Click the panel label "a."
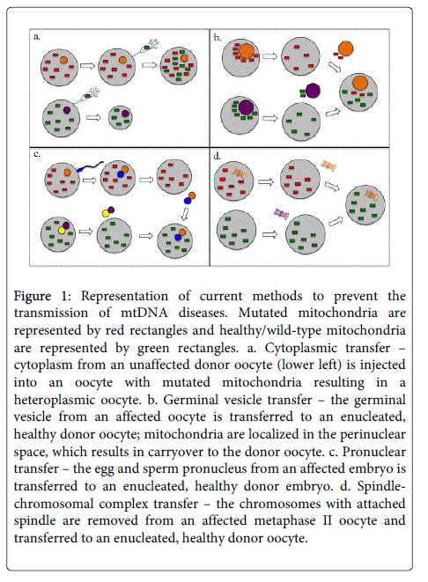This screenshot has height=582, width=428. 37,37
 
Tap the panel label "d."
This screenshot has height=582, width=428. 218,156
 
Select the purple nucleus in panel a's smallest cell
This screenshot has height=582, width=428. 125,114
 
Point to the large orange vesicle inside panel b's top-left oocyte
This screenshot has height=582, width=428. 247,51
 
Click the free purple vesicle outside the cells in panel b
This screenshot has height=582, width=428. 313,91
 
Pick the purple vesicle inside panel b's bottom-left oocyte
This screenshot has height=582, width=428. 246,107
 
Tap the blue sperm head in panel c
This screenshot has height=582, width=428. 80,169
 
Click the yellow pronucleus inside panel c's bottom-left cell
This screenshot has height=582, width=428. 62,231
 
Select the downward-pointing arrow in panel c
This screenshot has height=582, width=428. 184,213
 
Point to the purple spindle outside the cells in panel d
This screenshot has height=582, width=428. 281,213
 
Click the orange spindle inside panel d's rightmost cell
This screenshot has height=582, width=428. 371,195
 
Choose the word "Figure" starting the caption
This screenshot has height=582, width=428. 33,297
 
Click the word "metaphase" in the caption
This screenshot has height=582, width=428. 284,520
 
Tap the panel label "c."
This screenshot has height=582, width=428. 37,154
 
